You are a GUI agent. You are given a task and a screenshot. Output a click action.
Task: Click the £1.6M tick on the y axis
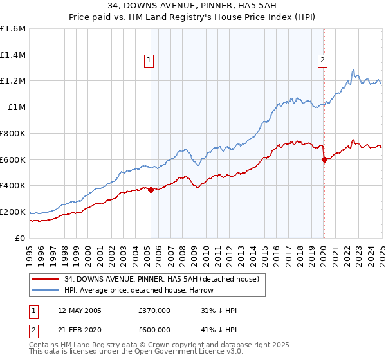pyautogui.click(x=14, y=29)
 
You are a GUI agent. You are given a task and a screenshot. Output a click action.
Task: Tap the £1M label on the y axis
pyautogui.click(x=17, y=107)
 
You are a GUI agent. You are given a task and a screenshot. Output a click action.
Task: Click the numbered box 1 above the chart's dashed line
pyautogui.click(x=149, y=61)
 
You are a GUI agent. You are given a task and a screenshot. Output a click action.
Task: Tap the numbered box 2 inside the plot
pyautogui.click(x=322, y=61)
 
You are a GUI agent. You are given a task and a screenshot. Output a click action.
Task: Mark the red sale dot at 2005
pyautogui.click(x=151, y=190)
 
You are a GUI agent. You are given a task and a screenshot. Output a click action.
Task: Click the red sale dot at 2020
pyautogui.click(x=324, y=159)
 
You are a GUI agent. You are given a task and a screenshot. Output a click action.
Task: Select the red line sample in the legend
pyautogui.click(x=46, y=279)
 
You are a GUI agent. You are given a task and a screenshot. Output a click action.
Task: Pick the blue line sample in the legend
pyautogui.click(x=46, y=290)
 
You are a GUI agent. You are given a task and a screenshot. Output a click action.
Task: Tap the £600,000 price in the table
pyautogui.click(x=154, y=330)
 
